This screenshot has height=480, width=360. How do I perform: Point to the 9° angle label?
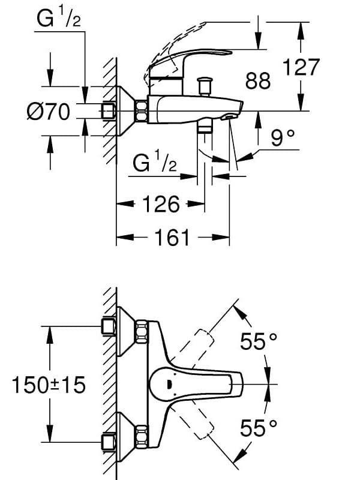pyautogui.click(x=283, y=139)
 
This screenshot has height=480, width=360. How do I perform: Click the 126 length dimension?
pyautogui.click(x=161, y=204)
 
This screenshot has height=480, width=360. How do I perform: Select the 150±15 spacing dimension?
pyautogui.click(x=49, y=385)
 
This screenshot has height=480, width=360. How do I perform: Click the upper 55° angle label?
pyautogui.click(x=259, y=342)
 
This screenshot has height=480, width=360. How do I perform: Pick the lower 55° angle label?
pyautogui.click(x=259, y=428)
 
